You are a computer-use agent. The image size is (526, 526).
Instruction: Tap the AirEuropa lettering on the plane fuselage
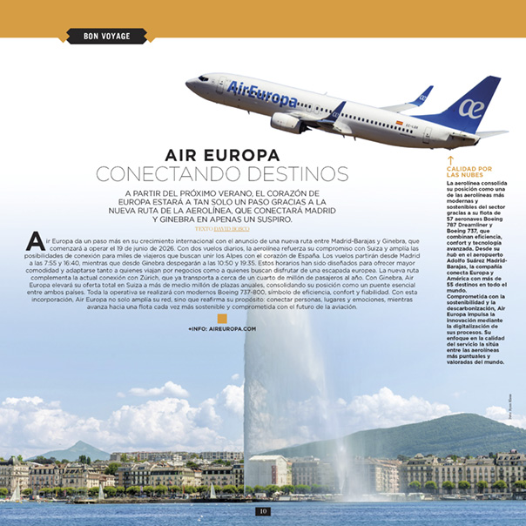pos(261,94)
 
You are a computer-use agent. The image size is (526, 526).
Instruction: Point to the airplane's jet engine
pos(287,122)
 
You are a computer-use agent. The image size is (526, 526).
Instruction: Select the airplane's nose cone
pos(191,82)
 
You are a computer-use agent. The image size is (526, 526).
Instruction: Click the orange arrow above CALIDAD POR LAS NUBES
pos(449,159)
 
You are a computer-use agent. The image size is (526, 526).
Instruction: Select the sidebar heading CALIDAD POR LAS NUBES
pos(469,172)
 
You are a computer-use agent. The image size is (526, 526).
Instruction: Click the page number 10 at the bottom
pos(262,511)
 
